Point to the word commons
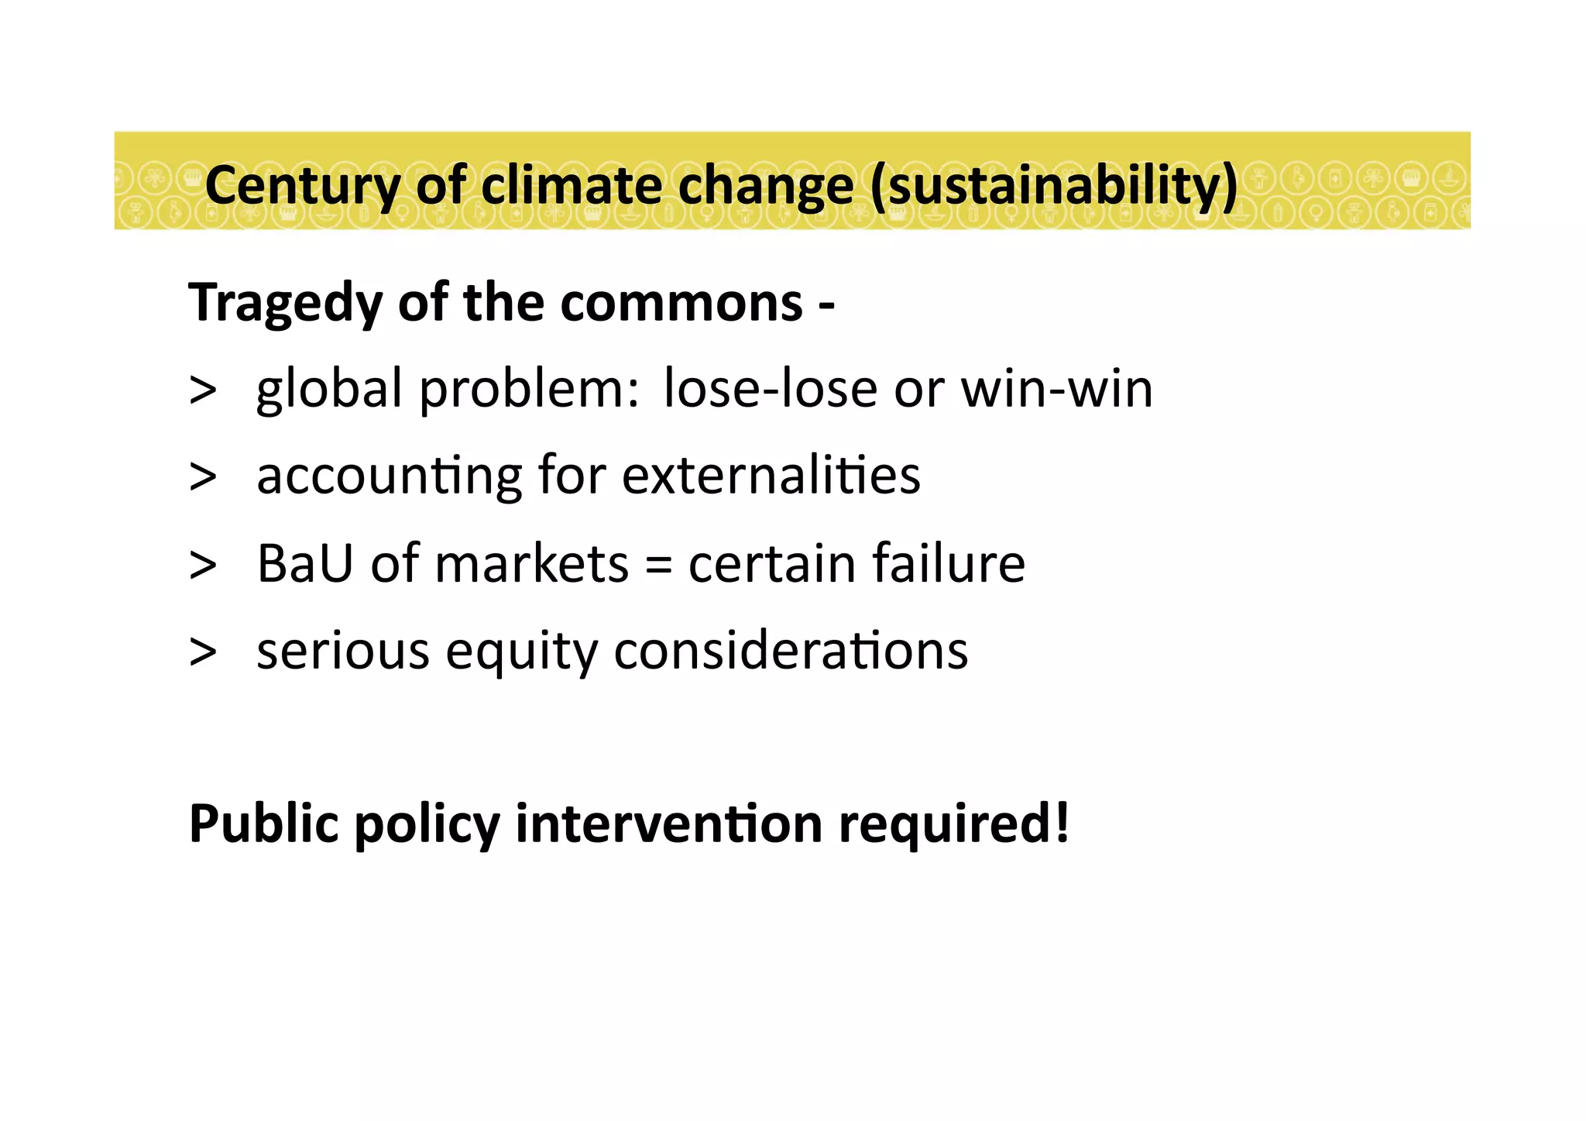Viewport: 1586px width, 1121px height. pos(681,303)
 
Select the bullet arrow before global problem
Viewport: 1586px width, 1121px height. pos(203,390)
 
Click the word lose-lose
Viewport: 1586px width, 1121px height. pos(771,388)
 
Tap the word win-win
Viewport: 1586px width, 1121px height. pos(1056,388)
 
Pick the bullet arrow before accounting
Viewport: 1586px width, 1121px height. pos(203,476)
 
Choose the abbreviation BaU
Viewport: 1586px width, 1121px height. pos(305,563)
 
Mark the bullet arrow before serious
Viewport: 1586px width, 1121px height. pos(203,651)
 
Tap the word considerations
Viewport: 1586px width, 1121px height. pos(791,650)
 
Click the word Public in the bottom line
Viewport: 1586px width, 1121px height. pos(264,823)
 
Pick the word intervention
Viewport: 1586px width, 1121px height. pos(668,823)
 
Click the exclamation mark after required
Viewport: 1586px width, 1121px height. pos(1061,823)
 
